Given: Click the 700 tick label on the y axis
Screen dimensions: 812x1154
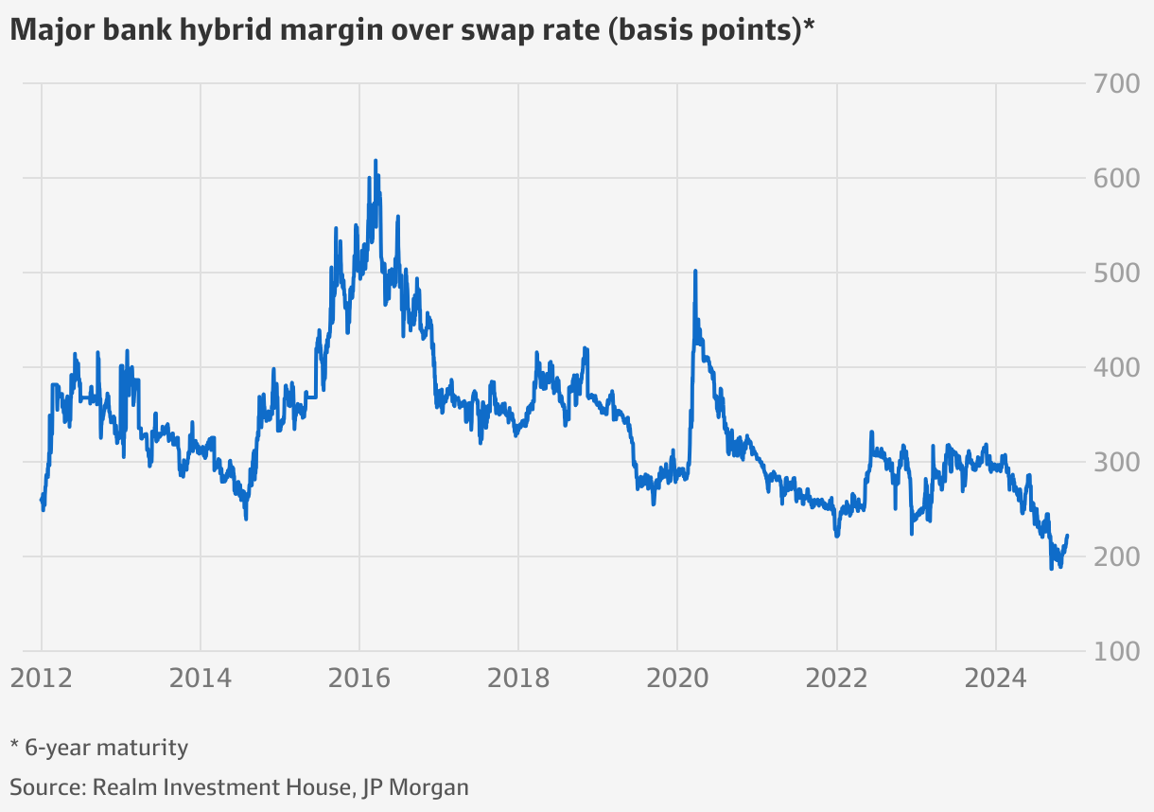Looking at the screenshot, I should click(1116, 84).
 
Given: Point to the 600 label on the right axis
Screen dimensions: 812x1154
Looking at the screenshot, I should click(1116, 179).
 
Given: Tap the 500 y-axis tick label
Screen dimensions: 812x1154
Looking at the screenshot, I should click(1116, 274).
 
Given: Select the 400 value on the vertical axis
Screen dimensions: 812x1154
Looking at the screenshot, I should click(1116, 368).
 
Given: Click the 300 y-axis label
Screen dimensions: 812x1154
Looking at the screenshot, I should click(1116, 463).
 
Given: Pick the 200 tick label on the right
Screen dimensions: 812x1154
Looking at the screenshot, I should click(1116, 557).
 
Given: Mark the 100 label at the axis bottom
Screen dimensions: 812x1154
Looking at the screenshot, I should click(1116, 652).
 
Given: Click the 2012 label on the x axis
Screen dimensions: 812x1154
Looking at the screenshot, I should click(42, 678).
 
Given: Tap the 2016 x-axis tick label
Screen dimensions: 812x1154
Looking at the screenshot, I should click(358, 678).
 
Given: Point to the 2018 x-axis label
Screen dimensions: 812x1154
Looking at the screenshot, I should click(517, 678).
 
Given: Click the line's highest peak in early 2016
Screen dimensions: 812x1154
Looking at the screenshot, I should click(376, 161).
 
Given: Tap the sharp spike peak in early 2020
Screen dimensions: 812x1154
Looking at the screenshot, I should click(695, 272).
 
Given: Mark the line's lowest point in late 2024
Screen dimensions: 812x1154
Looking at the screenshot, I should click(1051, 568).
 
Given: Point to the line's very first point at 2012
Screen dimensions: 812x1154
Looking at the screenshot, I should click(42, 500).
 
